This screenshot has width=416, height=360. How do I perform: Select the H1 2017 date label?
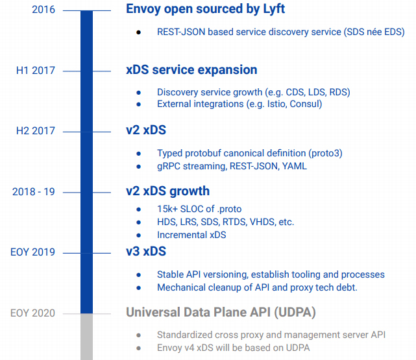36,71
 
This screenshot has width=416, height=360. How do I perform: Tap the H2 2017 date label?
36,131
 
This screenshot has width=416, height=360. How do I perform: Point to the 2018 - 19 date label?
34,191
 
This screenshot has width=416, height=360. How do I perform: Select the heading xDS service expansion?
191,70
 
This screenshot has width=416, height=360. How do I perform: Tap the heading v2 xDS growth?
167,191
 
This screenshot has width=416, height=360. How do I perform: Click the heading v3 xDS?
146,252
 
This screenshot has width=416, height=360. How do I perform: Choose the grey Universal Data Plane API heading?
221,313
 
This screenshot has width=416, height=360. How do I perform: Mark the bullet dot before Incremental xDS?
139,235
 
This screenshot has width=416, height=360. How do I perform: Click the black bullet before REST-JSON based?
139,32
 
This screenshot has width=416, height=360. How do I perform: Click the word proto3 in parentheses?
323,153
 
